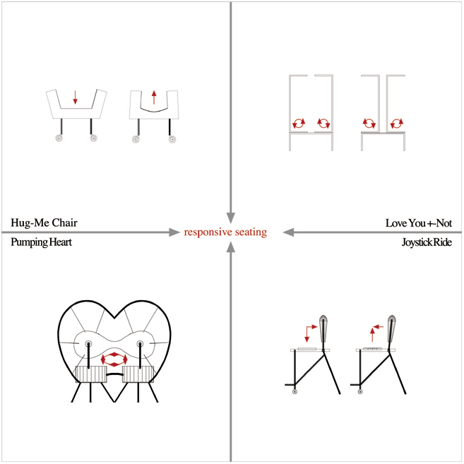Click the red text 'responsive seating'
click(x=225, y=232)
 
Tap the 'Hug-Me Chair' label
click(x=44, y=222)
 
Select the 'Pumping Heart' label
click(x=42, y=242)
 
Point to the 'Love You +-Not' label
click(x=419, y=223)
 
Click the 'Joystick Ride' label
click(x=427, y=242)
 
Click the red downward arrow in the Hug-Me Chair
click(x=75, y=97)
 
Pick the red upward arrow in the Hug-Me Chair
click(x=154, y=97)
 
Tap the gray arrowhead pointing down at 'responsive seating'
click(x=230, y=218)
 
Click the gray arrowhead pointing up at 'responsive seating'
click(x=230, y=247)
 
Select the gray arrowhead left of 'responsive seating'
click(x=174, y=232)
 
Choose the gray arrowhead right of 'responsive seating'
click(x=288, y=232)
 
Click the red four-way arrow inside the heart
click(x=114, y=359)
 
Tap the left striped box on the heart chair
click(x=91, y=374)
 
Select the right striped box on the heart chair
click(x=138, y=374)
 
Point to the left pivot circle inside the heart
click(x=88, y=344)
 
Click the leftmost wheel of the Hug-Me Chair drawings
click(x=59, y=138)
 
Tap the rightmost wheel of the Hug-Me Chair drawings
click(x=172, y=139)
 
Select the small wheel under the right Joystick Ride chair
click(x=360, y=392)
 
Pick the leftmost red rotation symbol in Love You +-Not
click(x=299, y=123)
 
